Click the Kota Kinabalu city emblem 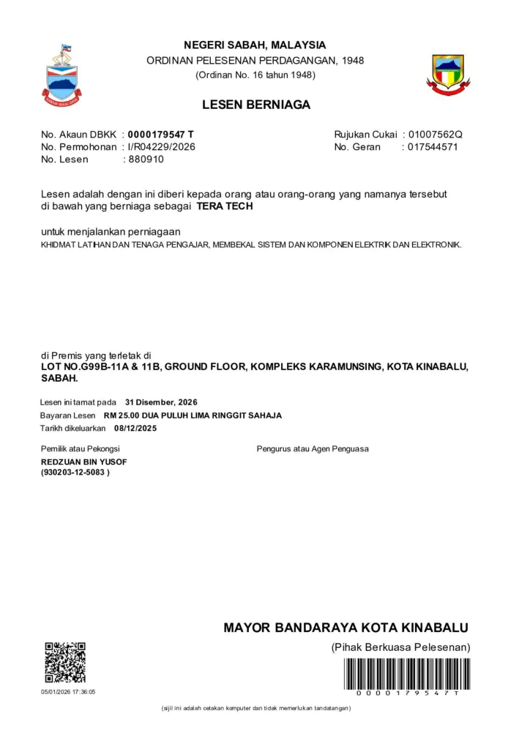(x=448, y=75)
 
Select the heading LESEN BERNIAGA (x=256, y=105)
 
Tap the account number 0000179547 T (x=161, y=135)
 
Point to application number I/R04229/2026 (x=162, y=147)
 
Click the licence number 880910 (x=146, y=159)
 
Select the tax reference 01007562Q (x=436, y=135)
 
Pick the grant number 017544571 (x=433, y=147)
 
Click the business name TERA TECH (x=225, y=207)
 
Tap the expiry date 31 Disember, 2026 (x=161, y=402)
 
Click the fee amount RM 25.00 (x=122, y=415)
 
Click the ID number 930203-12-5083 (x=75, y=473)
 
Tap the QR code (x=65, y=662)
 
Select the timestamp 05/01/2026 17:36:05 (x=68, y=691)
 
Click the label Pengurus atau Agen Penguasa (x=313, y=448)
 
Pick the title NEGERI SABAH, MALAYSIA (x=255, y=45)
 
